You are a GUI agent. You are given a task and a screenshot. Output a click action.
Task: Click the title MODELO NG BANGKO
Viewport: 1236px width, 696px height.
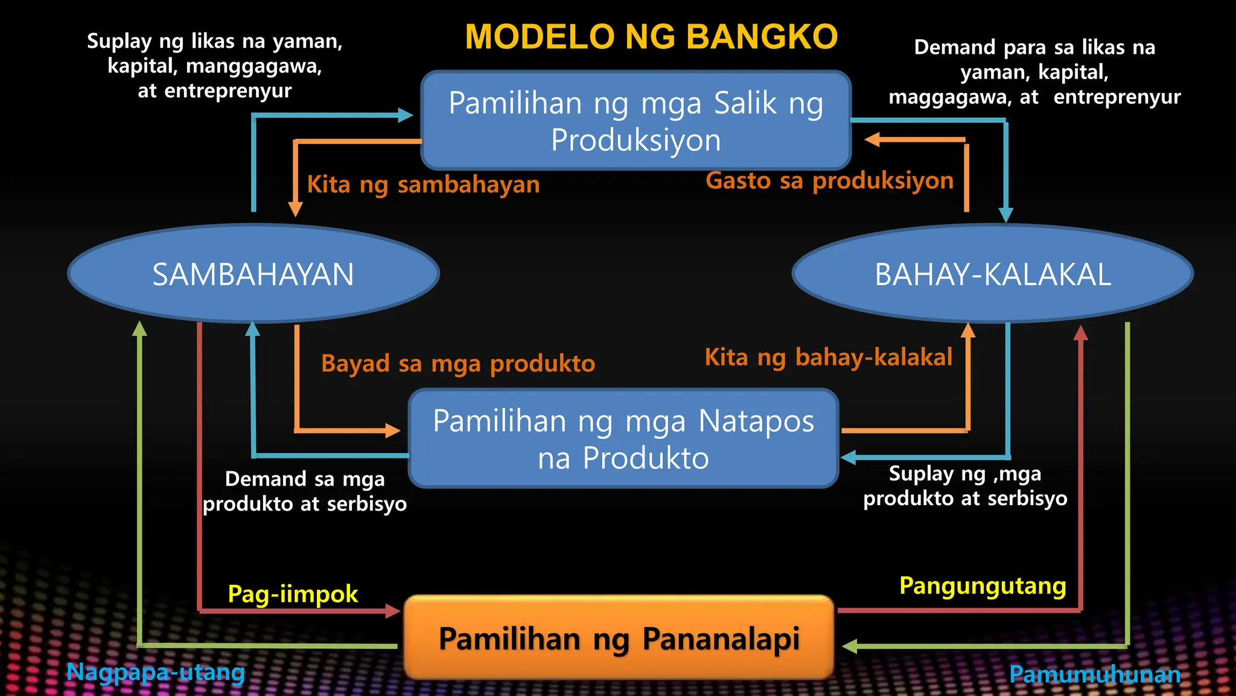tap(651, 37)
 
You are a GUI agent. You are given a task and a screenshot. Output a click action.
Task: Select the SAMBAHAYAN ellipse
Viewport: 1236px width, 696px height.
tap(253, 274)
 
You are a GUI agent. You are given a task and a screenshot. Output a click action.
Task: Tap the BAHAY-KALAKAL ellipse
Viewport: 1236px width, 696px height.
tap(992, 274)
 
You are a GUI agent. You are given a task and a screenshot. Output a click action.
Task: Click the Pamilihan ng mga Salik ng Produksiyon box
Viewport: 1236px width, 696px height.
tap(636, 121)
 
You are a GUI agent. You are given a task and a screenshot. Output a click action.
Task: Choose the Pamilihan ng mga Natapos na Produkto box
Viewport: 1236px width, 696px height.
tap(623, 439)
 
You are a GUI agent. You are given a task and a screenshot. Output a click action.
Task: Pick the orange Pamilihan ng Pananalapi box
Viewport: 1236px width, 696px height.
tap(619, 638)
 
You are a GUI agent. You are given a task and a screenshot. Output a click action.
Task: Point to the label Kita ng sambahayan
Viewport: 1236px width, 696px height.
tap(423, 184)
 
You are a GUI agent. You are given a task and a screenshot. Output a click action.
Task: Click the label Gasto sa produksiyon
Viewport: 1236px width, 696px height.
tap(829, 181)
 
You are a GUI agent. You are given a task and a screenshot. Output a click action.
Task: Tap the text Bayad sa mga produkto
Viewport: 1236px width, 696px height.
tap(458, 364)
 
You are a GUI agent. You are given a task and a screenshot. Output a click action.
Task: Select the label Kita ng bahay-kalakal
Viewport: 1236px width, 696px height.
tap(828, 357)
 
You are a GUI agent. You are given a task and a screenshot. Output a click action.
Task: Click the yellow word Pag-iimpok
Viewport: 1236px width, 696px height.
tap(293, 594)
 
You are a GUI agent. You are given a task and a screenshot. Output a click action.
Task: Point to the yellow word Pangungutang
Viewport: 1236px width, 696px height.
tap(983, 586)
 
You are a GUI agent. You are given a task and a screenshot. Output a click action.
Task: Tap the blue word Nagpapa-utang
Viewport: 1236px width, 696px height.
tap(155, 672)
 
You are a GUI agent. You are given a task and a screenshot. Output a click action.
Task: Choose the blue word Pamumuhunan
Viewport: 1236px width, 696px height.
tap(1095, 674)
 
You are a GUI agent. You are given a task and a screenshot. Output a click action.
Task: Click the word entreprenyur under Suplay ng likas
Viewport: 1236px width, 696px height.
tap(228, 91)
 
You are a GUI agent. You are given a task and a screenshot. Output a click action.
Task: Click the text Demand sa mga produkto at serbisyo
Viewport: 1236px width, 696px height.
tap(304, 491)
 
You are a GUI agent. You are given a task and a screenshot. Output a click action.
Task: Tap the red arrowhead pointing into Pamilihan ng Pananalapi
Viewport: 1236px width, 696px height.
tap(393, 611)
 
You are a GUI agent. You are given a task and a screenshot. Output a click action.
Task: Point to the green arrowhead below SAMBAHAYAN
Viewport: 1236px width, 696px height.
tap(139, 329)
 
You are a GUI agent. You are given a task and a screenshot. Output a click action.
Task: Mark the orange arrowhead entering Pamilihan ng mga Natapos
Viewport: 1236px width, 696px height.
tap(393, 431)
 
